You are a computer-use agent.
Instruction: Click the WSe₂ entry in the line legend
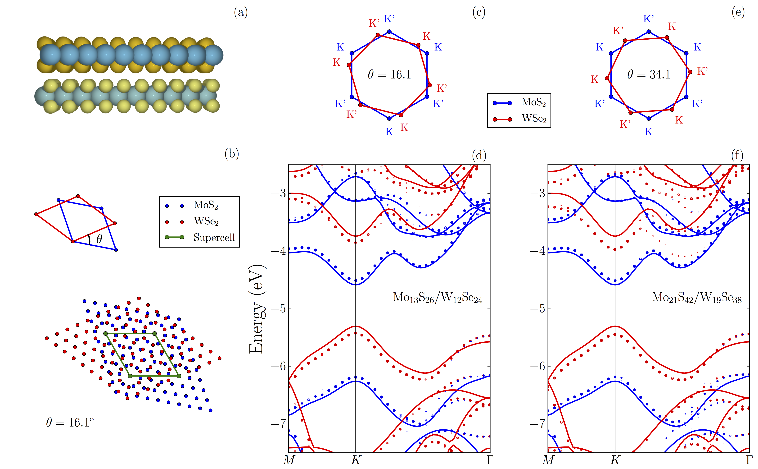[x=534, y=119]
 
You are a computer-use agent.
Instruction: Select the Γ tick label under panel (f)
[x=749, y=460]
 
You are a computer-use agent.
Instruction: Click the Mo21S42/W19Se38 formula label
[x=697, y=298]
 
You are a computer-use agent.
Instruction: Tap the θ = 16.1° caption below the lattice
[x=70, y=423]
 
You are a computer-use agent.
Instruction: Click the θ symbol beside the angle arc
[x=99, y=239]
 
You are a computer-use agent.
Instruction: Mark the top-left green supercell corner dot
[x=105, y=333]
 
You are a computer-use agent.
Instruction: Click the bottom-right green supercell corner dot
[x=179, y=376]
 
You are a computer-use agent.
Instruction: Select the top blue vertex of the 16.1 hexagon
[x=389, y=32]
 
